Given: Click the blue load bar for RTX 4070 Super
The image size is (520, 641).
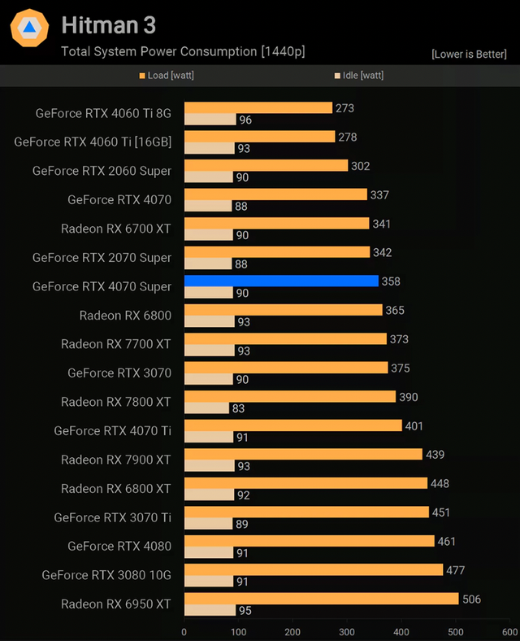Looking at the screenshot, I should click(x=281, y=281).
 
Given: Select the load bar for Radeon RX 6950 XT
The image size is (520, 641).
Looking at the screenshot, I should click(x=321, y=600).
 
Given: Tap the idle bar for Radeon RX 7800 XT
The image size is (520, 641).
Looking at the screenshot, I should click(x=206, y=408).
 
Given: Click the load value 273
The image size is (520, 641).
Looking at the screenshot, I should click(x=344, y=107).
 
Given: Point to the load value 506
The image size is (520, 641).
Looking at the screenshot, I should click(x=471, y=600).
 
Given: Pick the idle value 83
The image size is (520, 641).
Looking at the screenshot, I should click(x=238, y=408).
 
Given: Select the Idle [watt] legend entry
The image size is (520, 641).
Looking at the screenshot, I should click(x=358, y=76).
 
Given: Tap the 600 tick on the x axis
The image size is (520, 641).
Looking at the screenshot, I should click(x=509, y=631).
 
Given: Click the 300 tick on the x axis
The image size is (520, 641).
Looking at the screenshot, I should click(x=347, y=631).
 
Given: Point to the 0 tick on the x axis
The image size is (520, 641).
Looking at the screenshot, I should click(x=184, y=631).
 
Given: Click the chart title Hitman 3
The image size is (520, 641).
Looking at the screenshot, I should click(x=108, y=25).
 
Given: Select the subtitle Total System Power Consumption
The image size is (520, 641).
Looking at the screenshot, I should click(x=183, y=52).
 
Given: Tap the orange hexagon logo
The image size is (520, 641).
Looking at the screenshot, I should click(x=29, y=29).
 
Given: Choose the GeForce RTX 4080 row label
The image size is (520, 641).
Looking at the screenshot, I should click(x=119, y=547).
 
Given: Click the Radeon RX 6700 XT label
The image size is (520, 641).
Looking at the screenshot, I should click(x=116, y=229).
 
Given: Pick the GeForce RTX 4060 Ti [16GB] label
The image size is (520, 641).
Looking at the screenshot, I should click(x=93, y=142).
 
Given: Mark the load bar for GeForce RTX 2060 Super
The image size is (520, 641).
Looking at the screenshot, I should click(x=266, y=166).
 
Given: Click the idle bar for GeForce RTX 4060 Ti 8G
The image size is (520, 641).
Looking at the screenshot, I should click(x=210, y=120).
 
